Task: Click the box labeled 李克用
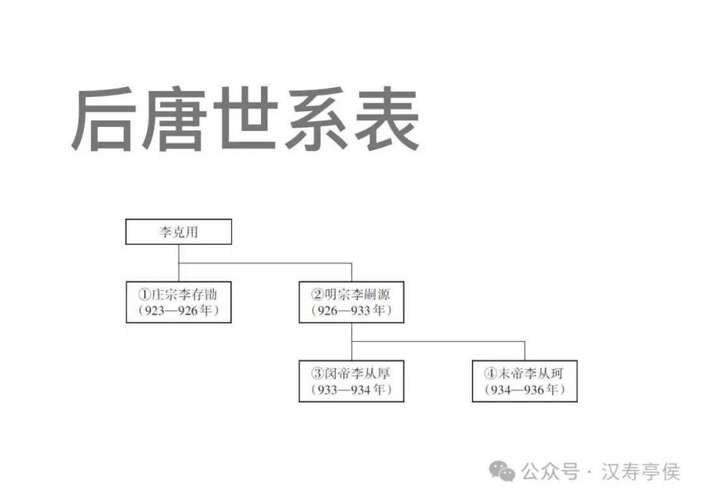pyautogui.click(x=178, y=232)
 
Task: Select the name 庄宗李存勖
pyautogui.click(x=184, y=294)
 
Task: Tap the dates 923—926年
pyautogui.click(x=178, y=311)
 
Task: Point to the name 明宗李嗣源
pyautogui.click(x=357, y=294)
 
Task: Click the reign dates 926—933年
pyautogui.click(x=351, y=311)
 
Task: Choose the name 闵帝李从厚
pyautogui.click(x=357, y=373)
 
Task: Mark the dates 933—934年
pyautogui.click(x=351, y=390)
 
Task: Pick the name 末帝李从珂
pyautogui.click(x=530, y=373)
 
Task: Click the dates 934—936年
pyautogui.click(x=524, y=390)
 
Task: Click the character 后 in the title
pyautogui.click(x=104, y=120)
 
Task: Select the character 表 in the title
pyautogui.click(x=385, y=120)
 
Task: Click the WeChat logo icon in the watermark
pyautogui.click(x=502, y=471)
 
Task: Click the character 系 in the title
pyautogui.click(x=315, y=120)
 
